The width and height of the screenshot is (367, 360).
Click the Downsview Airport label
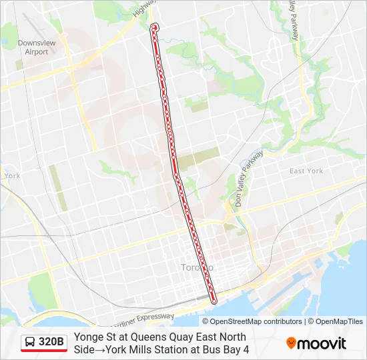coord(32,47)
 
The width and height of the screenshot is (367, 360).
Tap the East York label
coord(306,171)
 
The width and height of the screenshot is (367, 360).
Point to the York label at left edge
coord(12,176)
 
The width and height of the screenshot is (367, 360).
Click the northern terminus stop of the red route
coord(155,27)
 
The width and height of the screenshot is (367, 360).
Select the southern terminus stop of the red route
coord(214,301)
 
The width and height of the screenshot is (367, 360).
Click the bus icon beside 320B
coord(30,343)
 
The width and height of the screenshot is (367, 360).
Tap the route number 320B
coord(51,343)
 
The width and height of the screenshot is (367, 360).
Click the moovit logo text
coord(322,343)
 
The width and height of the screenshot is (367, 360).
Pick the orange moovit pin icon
coord(291,343)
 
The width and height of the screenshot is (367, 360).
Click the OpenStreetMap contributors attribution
coord(252,321)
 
